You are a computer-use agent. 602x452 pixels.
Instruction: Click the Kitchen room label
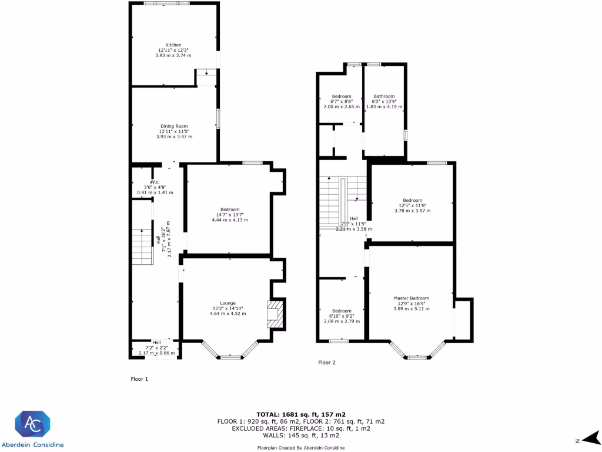point(173,45)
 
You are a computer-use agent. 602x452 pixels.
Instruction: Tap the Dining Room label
point(174,126)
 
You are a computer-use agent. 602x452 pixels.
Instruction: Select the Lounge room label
point(229,304)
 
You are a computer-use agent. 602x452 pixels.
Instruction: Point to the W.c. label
point(155,182)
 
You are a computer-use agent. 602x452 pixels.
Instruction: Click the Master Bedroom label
point(411,298)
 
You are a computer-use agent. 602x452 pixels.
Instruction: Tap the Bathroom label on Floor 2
point(384,97)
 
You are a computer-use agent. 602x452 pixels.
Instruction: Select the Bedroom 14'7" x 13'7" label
point(230,210)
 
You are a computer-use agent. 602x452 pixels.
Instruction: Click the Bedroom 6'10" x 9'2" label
point(342,311)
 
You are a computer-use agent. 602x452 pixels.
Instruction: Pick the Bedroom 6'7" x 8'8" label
point(342,97)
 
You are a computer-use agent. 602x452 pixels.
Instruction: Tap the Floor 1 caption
point(139,379)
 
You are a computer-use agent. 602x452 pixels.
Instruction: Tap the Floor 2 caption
point(327,363)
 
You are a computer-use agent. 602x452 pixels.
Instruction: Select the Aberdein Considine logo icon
point(33,423)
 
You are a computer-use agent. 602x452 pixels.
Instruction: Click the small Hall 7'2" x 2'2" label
point(157,343)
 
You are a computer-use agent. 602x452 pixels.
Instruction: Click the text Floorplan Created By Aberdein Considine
point(300,448)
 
